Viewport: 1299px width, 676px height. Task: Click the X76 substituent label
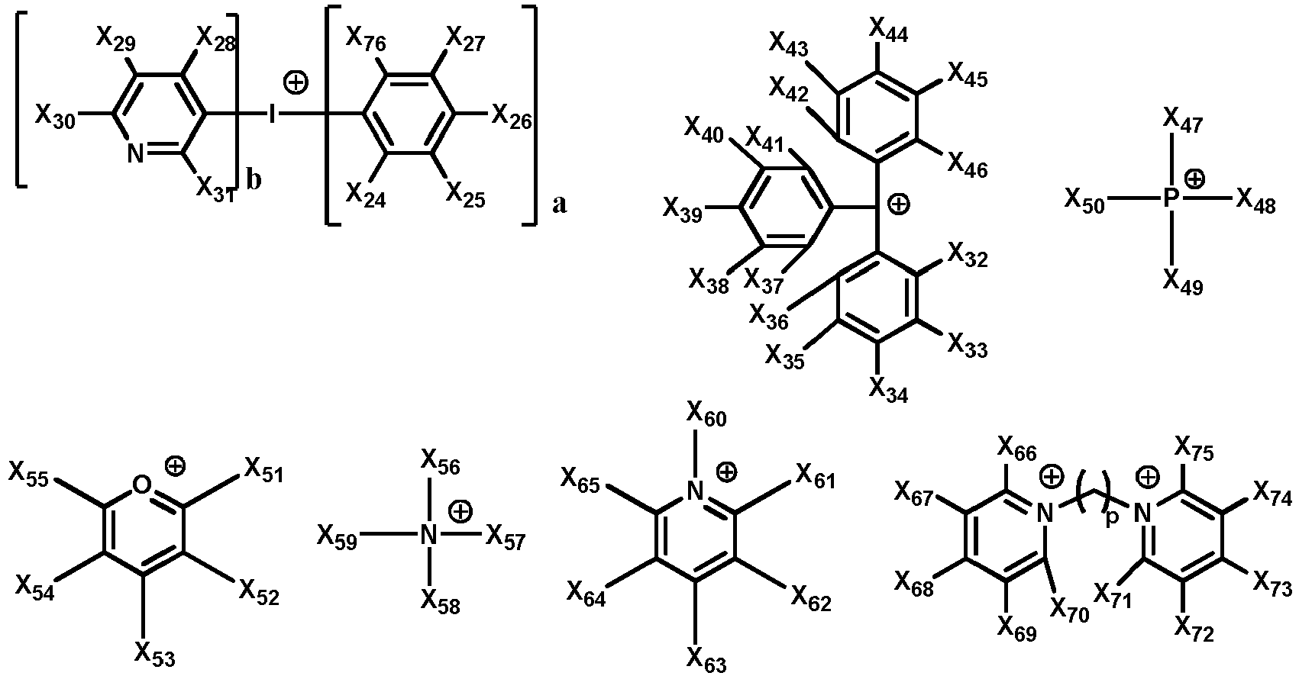tap(366, 39)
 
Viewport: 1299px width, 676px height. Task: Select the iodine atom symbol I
tap(272, 114)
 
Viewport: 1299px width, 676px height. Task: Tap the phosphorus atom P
tap(1170, 198)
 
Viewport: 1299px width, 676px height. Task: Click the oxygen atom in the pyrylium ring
tap(142, 484)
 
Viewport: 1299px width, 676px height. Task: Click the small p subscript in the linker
tap(1111, 517)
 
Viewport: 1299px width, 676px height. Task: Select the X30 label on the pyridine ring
tap(55, 116)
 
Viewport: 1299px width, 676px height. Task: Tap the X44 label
tap(888, 28)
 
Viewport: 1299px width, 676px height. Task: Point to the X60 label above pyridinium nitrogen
tap(706, 414)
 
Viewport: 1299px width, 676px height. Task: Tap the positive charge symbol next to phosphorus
tap(1194, 179)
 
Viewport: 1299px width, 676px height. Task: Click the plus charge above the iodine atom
tap(296, 82)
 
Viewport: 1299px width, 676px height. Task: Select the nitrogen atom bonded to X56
tap(428, 535)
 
